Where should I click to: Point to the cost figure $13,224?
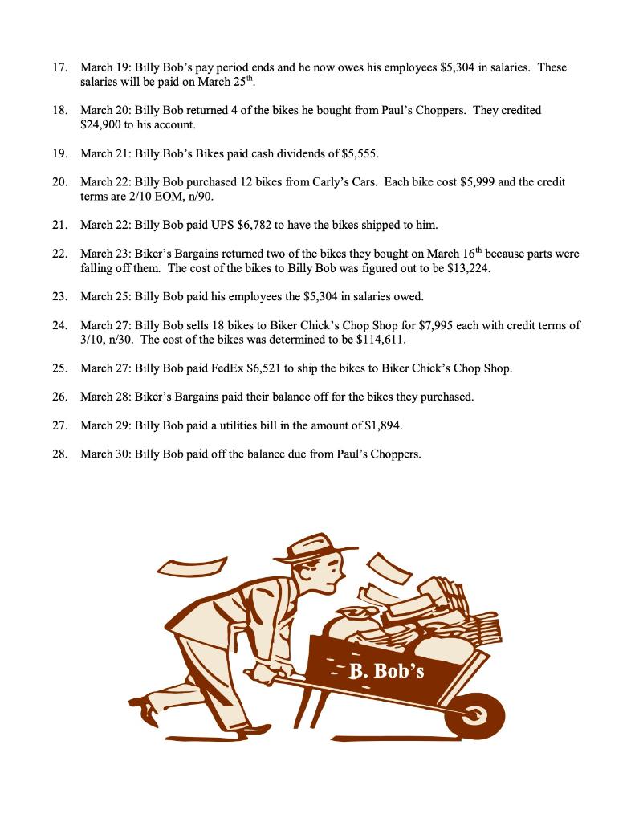tap(468, 268)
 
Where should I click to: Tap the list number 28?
tap(59, 454)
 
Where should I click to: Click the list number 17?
tap(59, 67)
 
